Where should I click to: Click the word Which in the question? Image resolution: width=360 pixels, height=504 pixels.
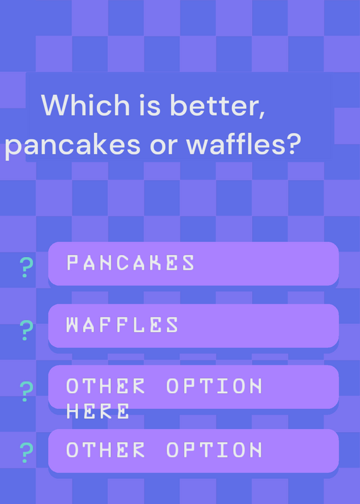(x=85, y=105)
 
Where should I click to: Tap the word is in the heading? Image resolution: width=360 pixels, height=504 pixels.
(x=149, y=105)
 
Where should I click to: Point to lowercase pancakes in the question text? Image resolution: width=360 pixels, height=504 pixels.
(x=73, y=145)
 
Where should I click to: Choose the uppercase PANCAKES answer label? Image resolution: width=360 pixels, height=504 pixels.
(x=131, y=263)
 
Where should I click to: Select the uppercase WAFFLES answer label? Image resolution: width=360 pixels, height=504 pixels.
(x=122, y=324)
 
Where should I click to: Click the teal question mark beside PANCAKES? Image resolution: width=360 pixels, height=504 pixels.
(x=26, y=267)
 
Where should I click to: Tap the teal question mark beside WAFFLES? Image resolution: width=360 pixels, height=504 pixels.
(x=26, y=330)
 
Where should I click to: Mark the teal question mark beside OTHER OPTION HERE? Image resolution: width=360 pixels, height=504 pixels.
(x=26, y=391)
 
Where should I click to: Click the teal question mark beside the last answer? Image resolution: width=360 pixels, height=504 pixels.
(x=26, y=452)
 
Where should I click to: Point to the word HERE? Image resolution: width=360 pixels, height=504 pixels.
(x=98, y=411)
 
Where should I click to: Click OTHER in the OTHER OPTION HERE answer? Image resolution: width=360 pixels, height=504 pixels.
(x=105, y=386)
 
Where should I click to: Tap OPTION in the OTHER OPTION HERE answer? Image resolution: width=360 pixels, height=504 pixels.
(x=214, y=386)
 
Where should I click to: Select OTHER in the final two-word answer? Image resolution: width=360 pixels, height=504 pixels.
(x=105, y=450)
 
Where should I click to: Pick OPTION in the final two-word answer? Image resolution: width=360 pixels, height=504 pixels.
(x=214, y=450)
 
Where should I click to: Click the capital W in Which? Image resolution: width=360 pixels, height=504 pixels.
(x=55, y=105)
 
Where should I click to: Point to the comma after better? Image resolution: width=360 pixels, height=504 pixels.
(x=262, y=114)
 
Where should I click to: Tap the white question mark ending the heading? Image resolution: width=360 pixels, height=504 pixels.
(x=293, y=144)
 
